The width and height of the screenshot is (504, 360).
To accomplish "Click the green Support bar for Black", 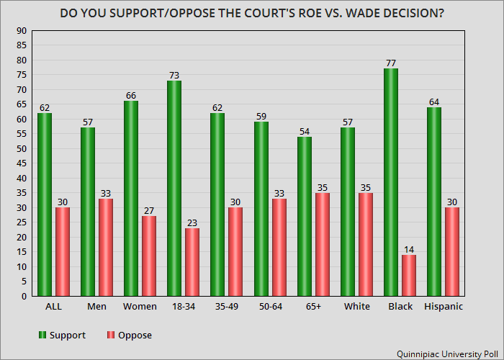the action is (x=391, y=182).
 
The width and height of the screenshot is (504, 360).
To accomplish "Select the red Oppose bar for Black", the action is (x=409, y=276).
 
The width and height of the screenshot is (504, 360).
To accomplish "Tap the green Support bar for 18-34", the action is (x=174, y=188).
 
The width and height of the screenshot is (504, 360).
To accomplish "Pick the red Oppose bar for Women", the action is (x=149, y=256).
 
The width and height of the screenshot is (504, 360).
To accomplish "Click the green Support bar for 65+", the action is (x=305, y=216).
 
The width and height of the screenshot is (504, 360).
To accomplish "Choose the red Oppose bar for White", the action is (x=366, y=244).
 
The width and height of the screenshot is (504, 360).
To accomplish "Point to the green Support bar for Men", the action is (x=88, y=212).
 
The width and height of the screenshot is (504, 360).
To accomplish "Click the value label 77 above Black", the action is (x=391, y=63).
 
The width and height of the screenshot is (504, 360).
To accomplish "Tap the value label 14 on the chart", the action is (x=409, y=249).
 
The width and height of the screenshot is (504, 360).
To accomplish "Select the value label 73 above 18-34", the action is (x=174, y=75).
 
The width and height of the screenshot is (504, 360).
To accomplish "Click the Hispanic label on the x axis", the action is (x=444, y=307).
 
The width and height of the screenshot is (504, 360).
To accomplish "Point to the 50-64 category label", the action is (x=271, y=307).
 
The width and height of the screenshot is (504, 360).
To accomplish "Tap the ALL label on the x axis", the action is (x=53, y=307).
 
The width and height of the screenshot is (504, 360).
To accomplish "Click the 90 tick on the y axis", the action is (x=22, y=31).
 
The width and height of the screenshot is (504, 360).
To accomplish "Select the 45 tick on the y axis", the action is (x=22, y=163).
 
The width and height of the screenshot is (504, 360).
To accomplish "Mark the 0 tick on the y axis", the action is (x=24, y=297).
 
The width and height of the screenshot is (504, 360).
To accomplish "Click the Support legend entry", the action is (x=63, y=336).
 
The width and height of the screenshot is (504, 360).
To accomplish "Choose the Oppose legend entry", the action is (x=130, y=336).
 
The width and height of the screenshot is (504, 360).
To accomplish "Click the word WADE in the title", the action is (x=364, y=13).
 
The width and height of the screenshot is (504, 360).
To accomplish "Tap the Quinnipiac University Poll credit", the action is (x=447, y=354).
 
